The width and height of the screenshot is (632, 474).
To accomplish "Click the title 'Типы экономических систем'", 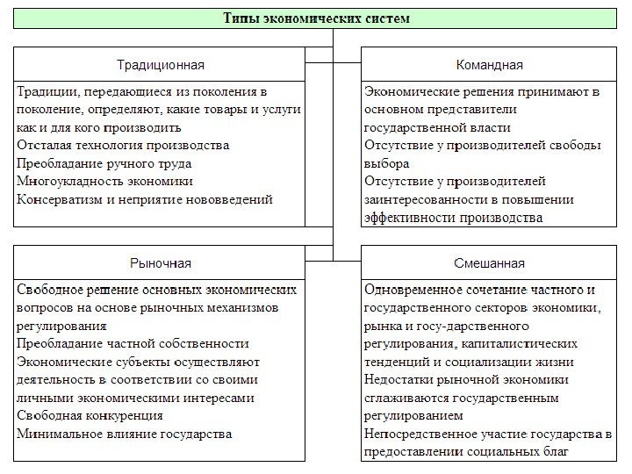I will [x=316, y=18].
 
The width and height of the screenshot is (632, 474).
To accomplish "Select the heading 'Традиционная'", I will [x=161, y=65].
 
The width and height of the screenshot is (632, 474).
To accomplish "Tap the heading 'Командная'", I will [x=490, y=65].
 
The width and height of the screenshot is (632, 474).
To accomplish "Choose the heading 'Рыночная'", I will [x=161, y=263].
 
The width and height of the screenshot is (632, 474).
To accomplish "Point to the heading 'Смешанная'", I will [x=490, y=263].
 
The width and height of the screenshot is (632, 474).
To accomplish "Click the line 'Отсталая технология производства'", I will [x=123, y=146].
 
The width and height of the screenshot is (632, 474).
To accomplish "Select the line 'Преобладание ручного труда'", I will [x=104, y=163].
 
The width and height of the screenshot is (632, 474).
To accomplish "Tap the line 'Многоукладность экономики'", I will [x=104, y=182].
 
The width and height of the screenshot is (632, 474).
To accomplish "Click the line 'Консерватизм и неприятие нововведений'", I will [x=144, y=199].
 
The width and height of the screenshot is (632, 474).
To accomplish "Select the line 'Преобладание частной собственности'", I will [x=133, y=343].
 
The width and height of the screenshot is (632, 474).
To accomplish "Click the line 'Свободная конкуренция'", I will [x=90, y=416].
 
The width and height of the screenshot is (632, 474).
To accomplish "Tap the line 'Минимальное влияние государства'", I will [x=124, y=434].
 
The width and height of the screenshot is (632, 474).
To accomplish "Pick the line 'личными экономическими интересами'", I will [x=135, y=398].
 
